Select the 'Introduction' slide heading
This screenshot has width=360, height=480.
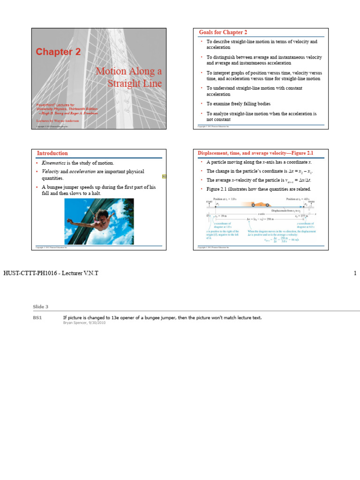52,153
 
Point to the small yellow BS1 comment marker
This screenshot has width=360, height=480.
164,176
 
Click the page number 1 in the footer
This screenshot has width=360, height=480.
355,273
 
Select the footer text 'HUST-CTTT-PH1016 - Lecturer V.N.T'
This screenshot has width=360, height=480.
51,273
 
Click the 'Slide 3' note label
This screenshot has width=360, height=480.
40,307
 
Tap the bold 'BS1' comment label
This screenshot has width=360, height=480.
37,318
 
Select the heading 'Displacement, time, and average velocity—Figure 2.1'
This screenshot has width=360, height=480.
255,153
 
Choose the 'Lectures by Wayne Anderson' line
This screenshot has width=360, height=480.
58,120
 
